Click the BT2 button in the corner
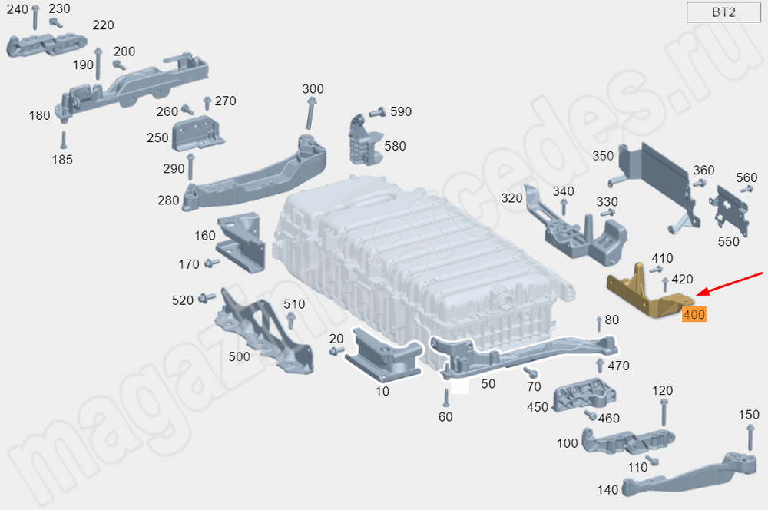click(x=723, y=12)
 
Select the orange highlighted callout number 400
click(x=694, y=314)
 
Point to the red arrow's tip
click(x=696, y=296)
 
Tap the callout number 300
click(x=313, y=88)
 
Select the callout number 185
click(x=62, y=159)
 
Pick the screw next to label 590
click(x=377, y=112)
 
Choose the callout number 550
click(x=728, y=241)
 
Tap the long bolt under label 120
click(x=664, y=412)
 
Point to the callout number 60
click(x=445, y=416)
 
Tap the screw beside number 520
click(x=207, y=297)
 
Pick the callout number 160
click(x=205, y=236)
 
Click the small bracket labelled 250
click(x=197, y=133)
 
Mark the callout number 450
click(x=538, y=407)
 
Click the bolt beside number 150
click(x=750, y=438)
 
